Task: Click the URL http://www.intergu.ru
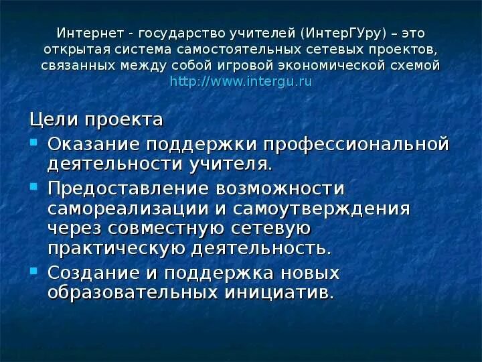241,82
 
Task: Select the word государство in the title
167,33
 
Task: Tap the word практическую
118,248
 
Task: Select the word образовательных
133,293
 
